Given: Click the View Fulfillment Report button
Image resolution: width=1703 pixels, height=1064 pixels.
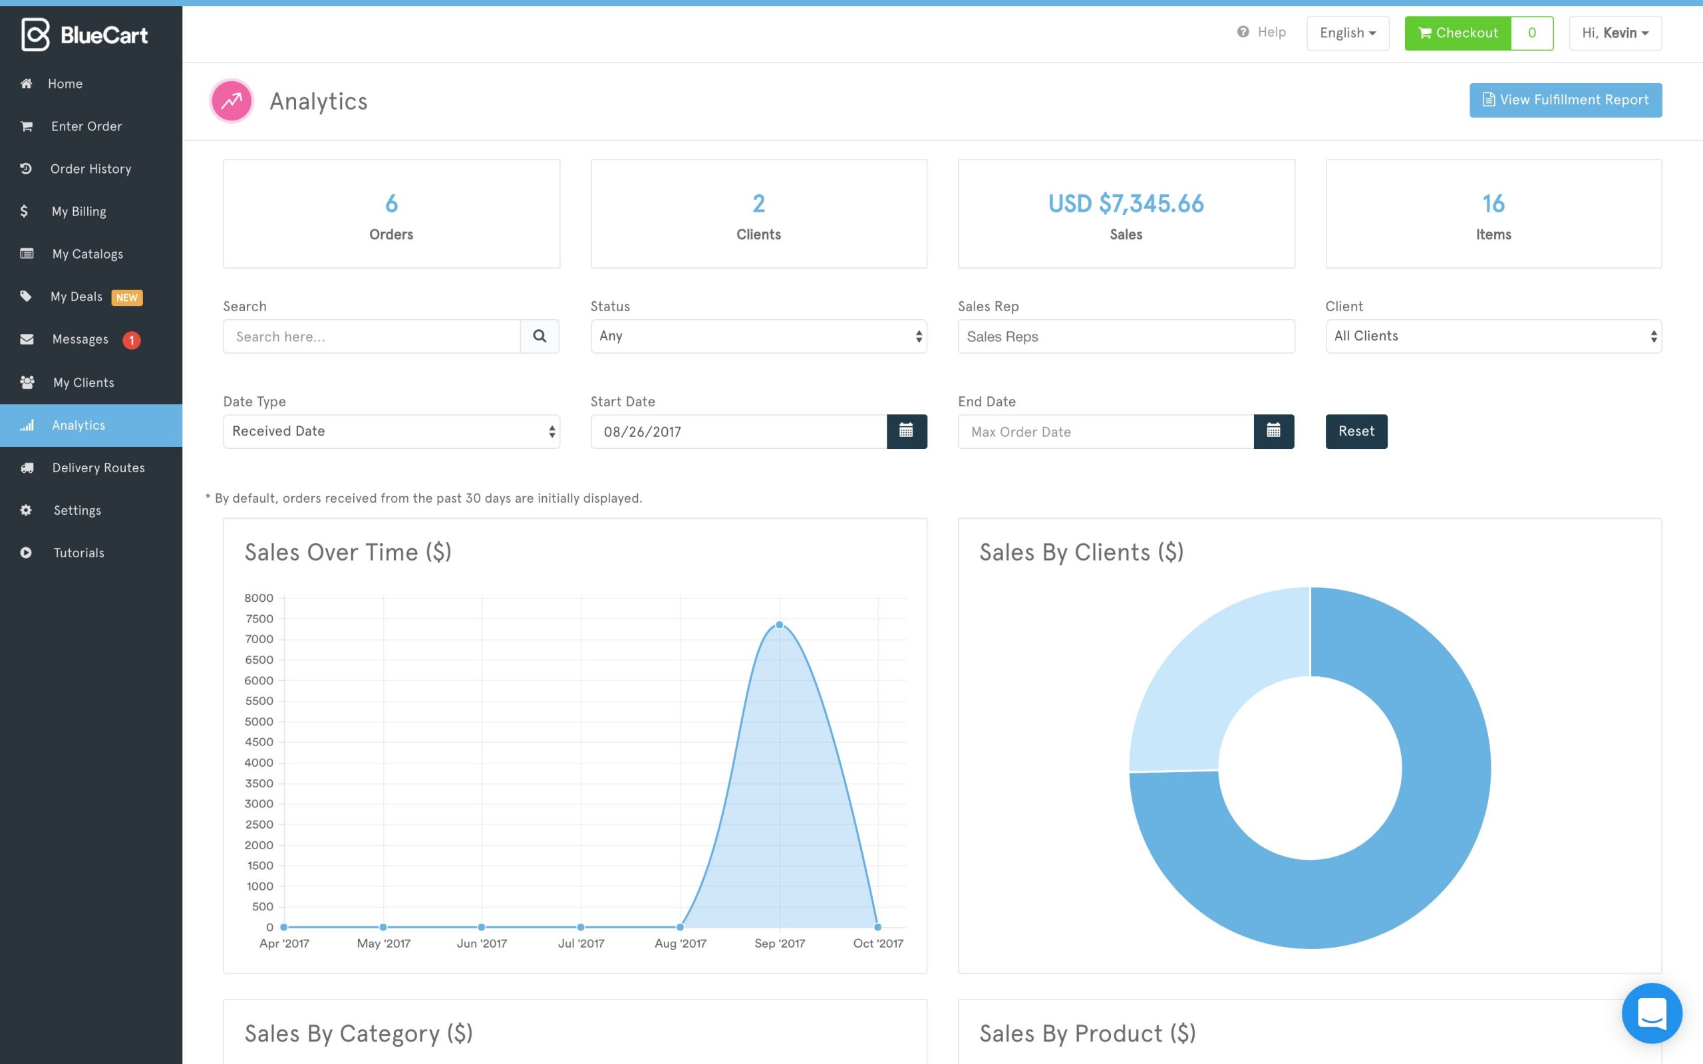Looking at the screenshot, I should coord(1565,100).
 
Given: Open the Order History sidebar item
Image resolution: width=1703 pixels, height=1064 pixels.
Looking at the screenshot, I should coord(90,169).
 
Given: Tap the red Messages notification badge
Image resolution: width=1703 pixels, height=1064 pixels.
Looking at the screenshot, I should coord(132,340).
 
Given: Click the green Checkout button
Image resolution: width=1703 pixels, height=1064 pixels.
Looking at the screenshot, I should coord(1458,33).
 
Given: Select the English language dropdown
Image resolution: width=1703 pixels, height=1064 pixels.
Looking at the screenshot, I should coord(1347,33).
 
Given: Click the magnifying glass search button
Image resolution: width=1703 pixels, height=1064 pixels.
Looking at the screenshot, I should coord(540,336).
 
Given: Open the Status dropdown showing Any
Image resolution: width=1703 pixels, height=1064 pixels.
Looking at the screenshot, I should coord(758,336).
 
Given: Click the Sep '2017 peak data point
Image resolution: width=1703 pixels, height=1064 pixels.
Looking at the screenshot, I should coord(779,625).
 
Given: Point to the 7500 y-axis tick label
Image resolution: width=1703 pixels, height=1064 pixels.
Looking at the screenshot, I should coord(259,618).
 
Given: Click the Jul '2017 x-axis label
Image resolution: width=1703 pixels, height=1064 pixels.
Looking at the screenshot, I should coord(581,943).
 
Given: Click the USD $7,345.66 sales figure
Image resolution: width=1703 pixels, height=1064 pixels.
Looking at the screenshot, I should coord(1126,204).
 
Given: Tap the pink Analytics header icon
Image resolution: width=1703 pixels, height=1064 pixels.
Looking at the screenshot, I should coord(232,101).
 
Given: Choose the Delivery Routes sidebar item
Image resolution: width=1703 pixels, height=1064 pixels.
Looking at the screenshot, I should coord(98,468).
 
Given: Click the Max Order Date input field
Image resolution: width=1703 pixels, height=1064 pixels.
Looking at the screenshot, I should coord(1105,432).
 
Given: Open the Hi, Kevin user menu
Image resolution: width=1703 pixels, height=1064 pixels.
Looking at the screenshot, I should coord(1615,33).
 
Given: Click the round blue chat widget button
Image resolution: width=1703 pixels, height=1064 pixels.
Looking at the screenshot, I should coord(1651,1013).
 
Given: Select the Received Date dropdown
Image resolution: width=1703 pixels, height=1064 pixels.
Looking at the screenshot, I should coord(390,432).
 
